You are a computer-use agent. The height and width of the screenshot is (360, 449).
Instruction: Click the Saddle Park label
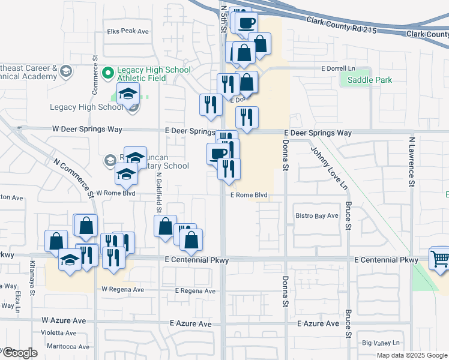366,80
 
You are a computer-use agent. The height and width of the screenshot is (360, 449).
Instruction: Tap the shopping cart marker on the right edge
440,259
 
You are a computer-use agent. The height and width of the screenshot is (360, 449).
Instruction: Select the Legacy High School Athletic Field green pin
108,73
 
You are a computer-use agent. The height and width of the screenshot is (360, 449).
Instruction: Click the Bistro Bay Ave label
317,216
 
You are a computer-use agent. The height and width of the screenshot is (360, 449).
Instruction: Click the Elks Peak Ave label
127,31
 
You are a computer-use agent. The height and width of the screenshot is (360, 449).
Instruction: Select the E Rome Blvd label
249,195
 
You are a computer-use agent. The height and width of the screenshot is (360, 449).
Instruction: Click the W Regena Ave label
122,289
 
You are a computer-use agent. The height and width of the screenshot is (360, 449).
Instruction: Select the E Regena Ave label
195,291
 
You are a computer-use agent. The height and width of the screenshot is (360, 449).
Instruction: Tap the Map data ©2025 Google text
411,355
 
